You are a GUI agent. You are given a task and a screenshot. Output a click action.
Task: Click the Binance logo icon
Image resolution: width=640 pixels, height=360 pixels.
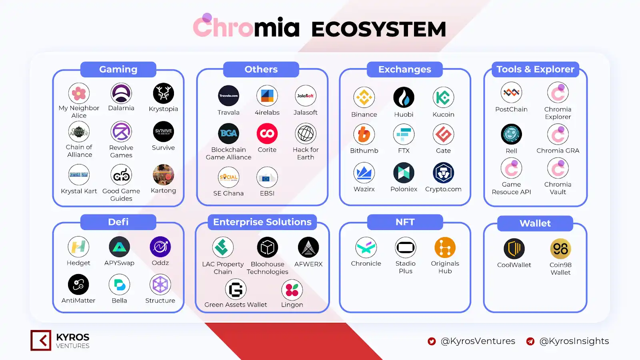[364, 97]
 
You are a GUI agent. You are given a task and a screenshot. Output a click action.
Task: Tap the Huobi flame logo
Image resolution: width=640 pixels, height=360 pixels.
[404, 97]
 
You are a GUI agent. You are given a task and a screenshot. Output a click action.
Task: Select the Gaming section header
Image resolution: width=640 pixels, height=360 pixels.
[118, 69]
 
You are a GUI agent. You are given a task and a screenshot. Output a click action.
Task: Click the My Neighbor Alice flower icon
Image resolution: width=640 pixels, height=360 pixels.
[79, 94]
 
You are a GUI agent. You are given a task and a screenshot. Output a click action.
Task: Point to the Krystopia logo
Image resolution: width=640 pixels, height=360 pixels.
[163, 94]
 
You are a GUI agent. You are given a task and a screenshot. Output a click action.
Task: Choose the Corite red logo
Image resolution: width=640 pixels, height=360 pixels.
[267, 134]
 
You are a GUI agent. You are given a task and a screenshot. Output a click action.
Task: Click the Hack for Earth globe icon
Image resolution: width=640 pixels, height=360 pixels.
[306, 134]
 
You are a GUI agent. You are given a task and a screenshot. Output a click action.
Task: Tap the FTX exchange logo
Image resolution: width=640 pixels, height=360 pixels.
[404, 134]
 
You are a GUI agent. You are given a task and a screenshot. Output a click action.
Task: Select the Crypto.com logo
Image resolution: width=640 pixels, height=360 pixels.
[443, 173]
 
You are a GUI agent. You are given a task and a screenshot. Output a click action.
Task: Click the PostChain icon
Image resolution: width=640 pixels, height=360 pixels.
[511, 93]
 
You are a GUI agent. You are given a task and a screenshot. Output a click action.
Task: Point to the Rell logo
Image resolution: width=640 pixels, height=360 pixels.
[511, 134]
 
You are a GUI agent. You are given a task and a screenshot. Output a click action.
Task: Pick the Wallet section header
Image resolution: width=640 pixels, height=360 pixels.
[535, 223]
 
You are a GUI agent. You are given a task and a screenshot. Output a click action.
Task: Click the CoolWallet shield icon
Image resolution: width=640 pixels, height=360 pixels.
[514, 249]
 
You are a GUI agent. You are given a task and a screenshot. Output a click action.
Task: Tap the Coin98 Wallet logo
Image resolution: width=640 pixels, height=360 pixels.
[560, 249]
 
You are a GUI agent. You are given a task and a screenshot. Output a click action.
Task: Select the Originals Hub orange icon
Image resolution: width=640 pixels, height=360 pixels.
[445, 248]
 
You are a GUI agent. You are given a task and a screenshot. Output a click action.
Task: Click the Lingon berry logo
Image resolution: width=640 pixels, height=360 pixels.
[292, 290]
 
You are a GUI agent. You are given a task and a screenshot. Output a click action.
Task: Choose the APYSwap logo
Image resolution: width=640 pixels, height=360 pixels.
[119, 247]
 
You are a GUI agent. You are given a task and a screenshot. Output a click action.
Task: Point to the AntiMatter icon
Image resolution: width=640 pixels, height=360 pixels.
[78, 284]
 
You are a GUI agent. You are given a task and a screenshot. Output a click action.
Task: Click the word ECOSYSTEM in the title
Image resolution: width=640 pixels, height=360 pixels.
[378, 29]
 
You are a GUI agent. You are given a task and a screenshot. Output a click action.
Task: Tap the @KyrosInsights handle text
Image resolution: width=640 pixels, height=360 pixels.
[574, 341]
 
